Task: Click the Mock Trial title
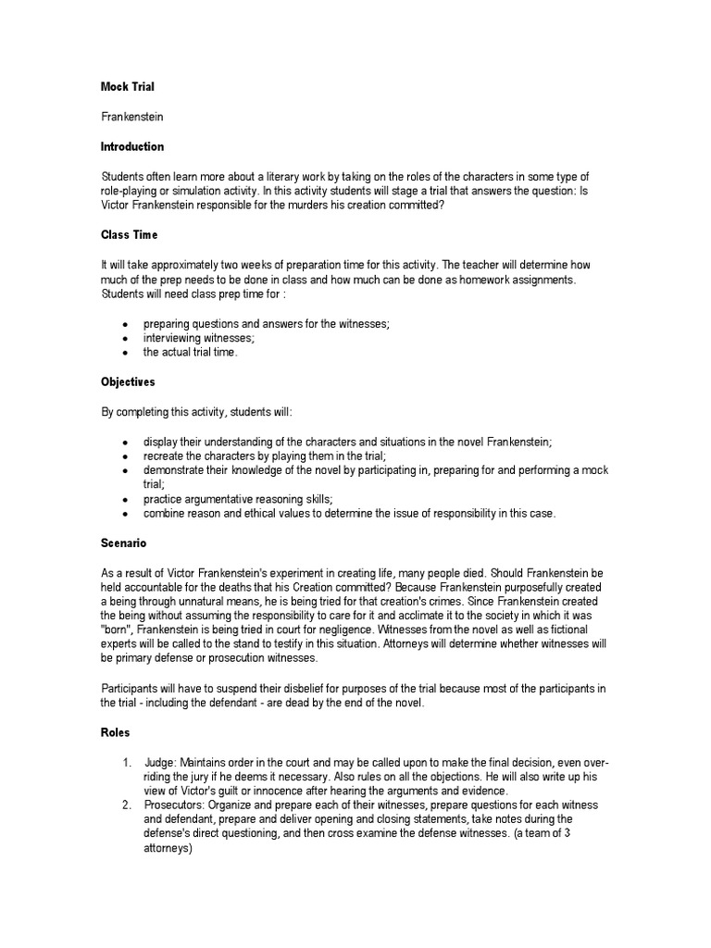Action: coord(127,87)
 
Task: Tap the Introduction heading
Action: coord(132,146)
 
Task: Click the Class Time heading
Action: coord(130,235)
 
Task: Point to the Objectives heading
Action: coord(129,381)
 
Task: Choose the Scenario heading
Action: coord(124,543)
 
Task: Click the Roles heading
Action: coord(116,732)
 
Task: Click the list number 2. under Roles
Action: coord(127,806)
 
